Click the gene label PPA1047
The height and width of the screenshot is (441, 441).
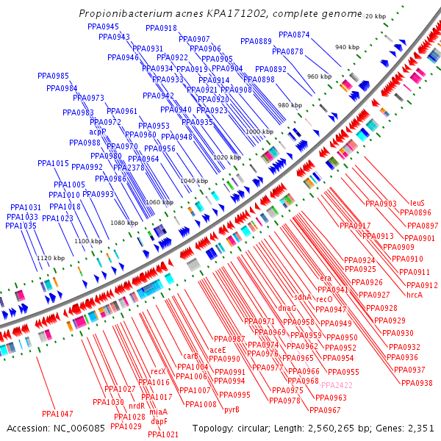coord(57,414)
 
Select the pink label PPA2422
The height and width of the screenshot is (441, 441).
coord(337,385)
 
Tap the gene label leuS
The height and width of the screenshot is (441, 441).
coord(417,203)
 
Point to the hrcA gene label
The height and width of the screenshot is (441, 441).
coord(415,295)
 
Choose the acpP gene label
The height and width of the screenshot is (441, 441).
coord(98,132)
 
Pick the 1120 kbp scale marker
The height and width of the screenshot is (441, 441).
coord(51,258)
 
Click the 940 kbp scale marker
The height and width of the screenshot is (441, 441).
coord(347,47)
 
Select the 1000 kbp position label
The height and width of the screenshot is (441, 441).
coord(259,132)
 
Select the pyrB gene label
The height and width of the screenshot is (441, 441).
coord(232,409)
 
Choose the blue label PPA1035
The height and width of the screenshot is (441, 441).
coord(21,226)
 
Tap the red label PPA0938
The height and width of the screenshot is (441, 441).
coord(417,383)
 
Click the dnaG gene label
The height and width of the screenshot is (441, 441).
coord(287,308)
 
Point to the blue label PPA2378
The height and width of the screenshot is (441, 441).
coord(129,168)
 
